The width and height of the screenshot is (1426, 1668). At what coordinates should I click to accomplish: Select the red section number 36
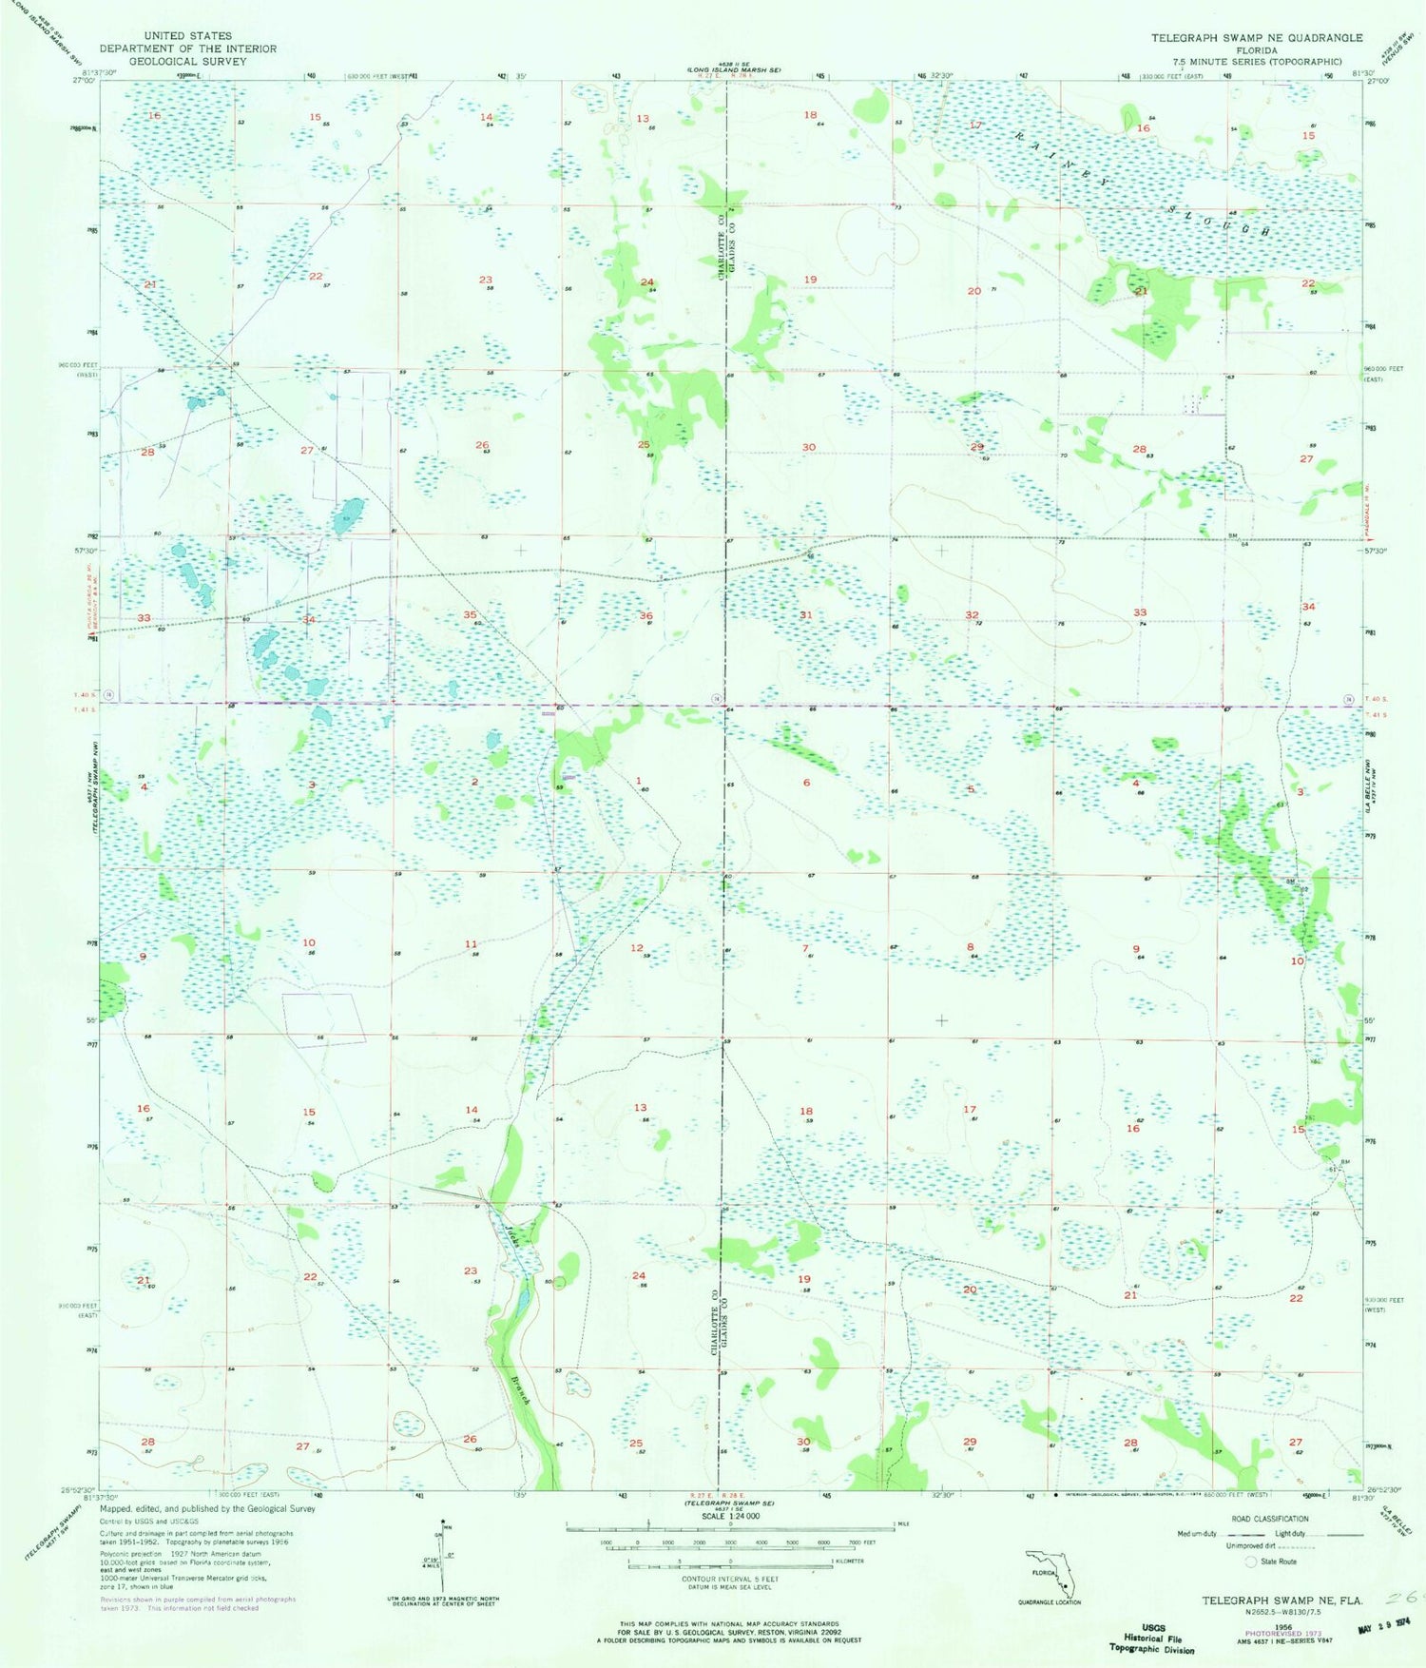[646, 616]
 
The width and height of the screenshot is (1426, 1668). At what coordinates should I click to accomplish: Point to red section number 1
[639, 781]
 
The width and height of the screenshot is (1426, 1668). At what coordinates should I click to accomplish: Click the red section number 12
[637, 948]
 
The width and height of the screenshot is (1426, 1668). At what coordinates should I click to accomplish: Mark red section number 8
[970, 947]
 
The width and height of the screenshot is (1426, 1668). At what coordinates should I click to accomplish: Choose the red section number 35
[470, 615]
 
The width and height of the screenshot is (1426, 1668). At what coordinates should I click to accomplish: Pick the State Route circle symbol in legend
[1251, 1561]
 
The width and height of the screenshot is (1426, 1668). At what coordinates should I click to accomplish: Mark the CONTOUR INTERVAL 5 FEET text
[729, 1580]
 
